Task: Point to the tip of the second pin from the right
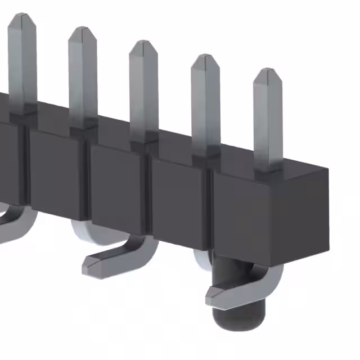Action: click(x=205, y=57)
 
